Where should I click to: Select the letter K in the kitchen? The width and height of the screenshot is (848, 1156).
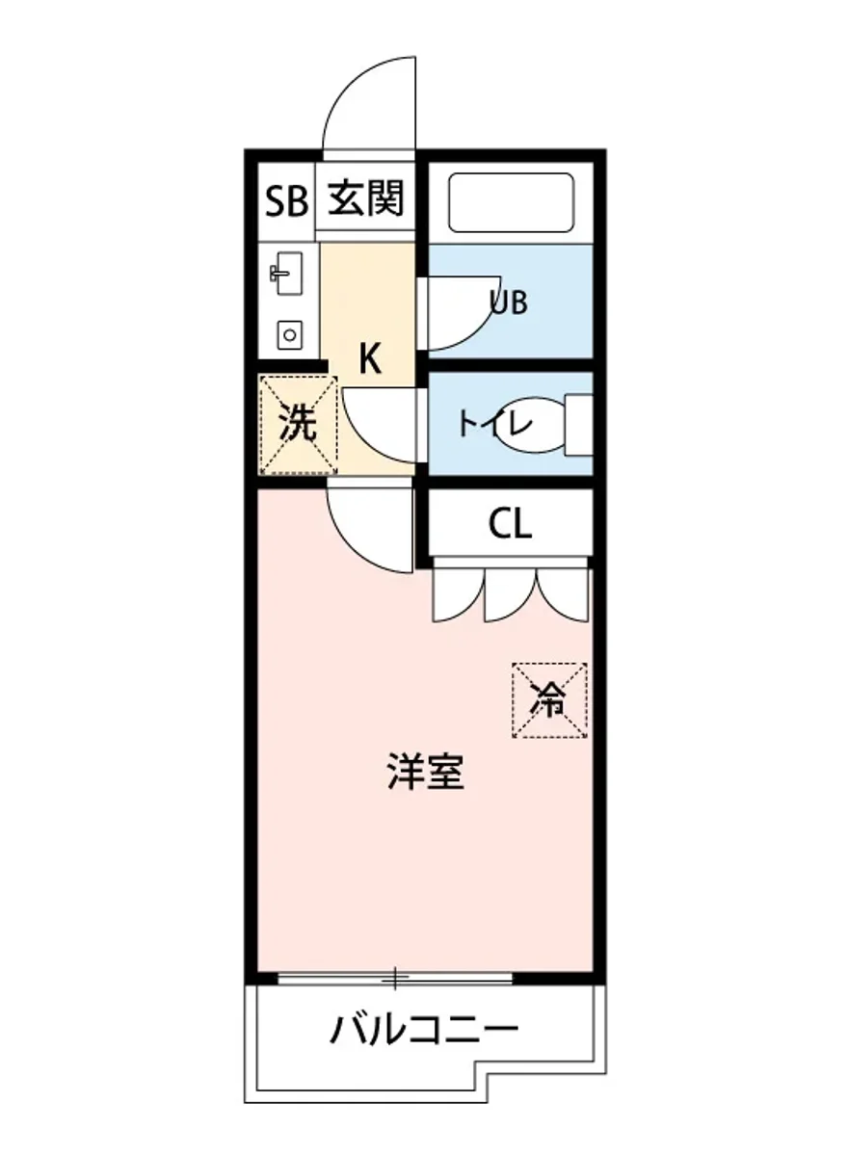370,359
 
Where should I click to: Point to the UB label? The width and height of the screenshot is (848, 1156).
508,302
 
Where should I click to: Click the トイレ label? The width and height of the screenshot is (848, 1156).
494,424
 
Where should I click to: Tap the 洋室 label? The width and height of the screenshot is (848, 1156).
425,773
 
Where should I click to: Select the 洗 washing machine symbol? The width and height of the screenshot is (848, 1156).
298,425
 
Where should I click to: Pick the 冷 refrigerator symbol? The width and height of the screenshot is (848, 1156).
549,700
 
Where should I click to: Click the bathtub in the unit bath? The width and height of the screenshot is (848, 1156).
512,201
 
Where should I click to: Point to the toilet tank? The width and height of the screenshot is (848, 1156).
578,424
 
